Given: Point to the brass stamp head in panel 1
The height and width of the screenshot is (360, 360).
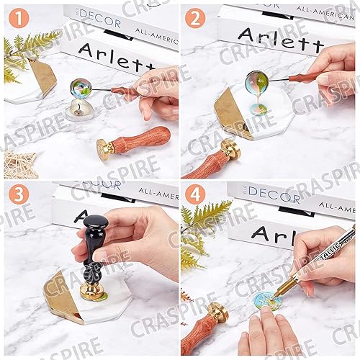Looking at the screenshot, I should point(107,148).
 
